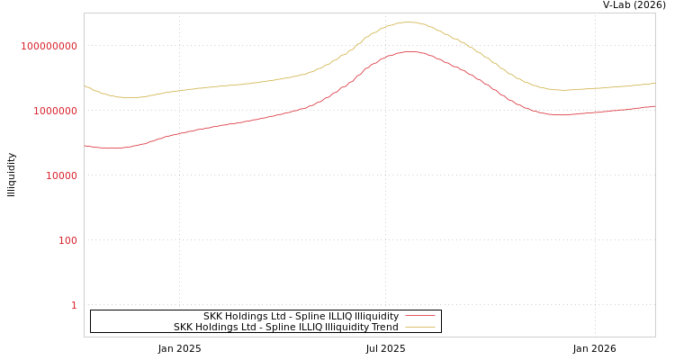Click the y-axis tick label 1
point(74,305)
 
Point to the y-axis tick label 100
point(67,240)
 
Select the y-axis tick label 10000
point(62,175)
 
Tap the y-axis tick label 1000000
point(56,111)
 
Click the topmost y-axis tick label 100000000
point(49,46)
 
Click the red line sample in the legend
point(419,316)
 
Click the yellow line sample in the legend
point(419,327)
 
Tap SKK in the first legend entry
point(213,316)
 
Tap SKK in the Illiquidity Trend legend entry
point(184,327)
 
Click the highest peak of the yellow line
point(409,22)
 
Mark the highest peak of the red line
point(409,51)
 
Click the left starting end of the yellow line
point(85,85)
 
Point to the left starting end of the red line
point(85,145)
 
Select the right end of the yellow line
point(654,83)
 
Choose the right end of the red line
point(654,106)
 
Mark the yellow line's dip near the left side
point(130,97)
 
